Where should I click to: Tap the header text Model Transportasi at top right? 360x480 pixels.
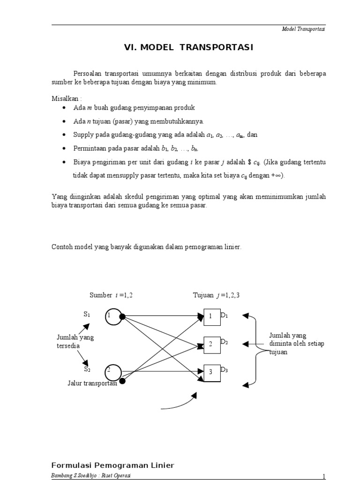point(303,29)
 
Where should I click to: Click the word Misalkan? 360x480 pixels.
point(66,98)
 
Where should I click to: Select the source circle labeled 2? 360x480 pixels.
point(113,372)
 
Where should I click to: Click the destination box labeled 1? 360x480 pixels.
point(211,316)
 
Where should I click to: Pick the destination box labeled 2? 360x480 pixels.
point(211,345)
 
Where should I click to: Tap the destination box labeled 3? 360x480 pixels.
point(211,372)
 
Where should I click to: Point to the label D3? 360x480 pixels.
point(224,371)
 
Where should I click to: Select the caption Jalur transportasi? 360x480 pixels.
point(91,383)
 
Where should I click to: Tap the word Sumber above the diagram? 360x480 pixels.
point(100,295)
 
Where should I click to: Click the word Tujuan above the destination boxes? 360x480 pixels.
point(203,295)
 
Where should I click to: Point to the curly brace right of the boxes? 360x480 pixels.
point(256,349)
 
